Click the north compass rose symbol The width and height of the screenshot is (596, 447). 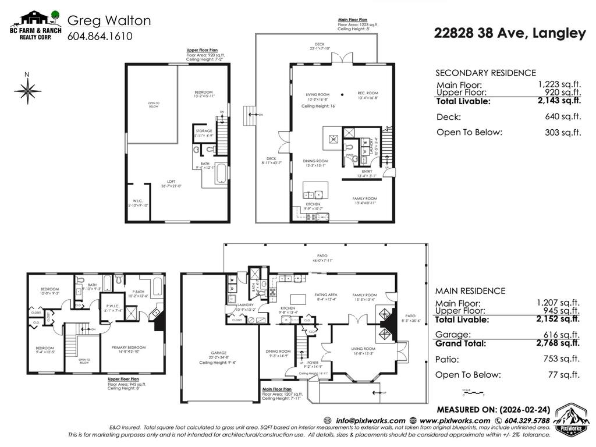coord(27,90)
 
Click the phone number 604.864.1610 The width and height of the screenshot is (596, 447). coord(100,36)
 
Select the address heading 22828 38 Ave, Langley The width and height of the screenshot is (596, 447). coord(509,33)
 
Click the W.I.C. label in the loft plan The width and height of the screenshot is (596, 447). coord(139,201)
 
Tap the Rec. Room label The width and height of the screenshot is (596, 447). coord(368,94)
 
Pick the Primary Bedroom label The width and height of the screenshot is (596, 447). coord(129,347)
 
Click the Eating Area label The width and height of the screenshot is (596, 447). coord(326,295)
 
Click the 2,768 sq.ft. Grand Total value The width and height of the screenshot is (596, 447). coord(558,343)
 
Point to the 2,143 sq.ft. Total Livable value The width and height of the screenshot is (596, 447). coord(559,101)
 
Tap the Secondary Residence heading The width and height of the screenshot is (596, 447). coord(485,73)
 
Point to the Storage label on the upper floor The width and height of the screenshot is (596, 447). coord(204,131)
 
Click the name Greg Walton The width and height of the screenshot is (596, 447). coord(109,20)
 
